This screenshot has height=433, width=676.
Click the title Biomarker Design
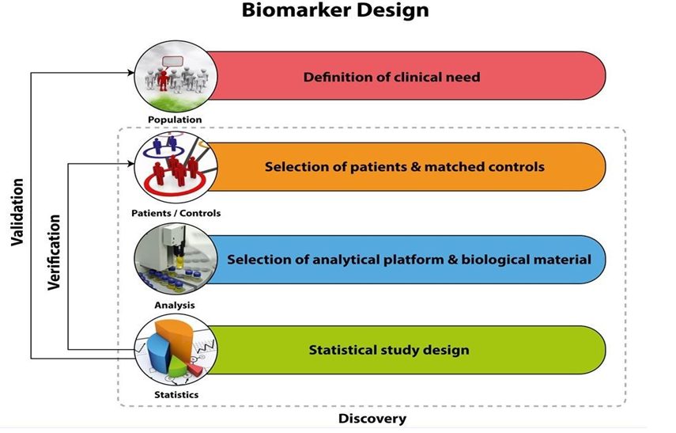click(x=335, y=11)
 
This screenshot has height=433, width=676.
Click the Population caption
click(x=175, y=120)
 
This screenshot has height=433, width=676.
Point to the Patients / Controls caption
click(x=176, y=213)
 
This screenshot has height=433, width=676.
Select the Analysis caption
click(x=175, y=306)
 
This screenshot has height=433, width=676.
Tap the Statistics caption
click(x=176, y=394)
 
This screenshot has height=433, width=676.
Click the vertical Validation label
click(x=17, y=212)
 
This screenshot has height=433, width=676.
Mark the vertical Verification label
click(x=54, y=252)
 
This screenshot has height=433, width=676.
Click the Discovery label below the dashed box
click(x=372, y=418)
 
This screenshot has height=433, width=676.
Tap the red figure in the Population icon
click(x=163, y=80)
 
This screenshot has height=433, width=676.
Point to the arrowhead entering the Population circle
click(x=131, y=73)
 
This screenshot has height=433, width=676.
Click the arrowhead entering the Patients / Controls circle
click(x=131, y=163)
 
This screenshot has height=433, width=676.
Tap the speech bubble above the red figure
click(x=173, y=61)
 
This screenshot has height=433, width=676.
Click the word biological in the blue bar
click(x=486, y=260)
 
